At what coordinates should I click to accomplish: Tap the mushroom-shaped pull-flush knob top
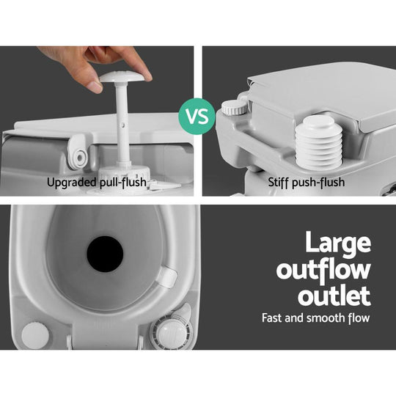coord(125,77)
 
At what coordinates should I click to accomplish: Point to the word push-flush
coord(323,182)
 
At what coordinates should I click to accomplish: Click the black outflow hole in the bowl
coord(105,254)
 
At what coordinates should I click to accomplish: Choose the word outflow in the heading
coord(323,271)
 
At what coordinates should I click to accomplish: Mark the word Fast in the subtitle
coord(274,318)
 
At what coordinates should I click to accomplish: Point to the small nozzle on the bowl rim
coord(167,276)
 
